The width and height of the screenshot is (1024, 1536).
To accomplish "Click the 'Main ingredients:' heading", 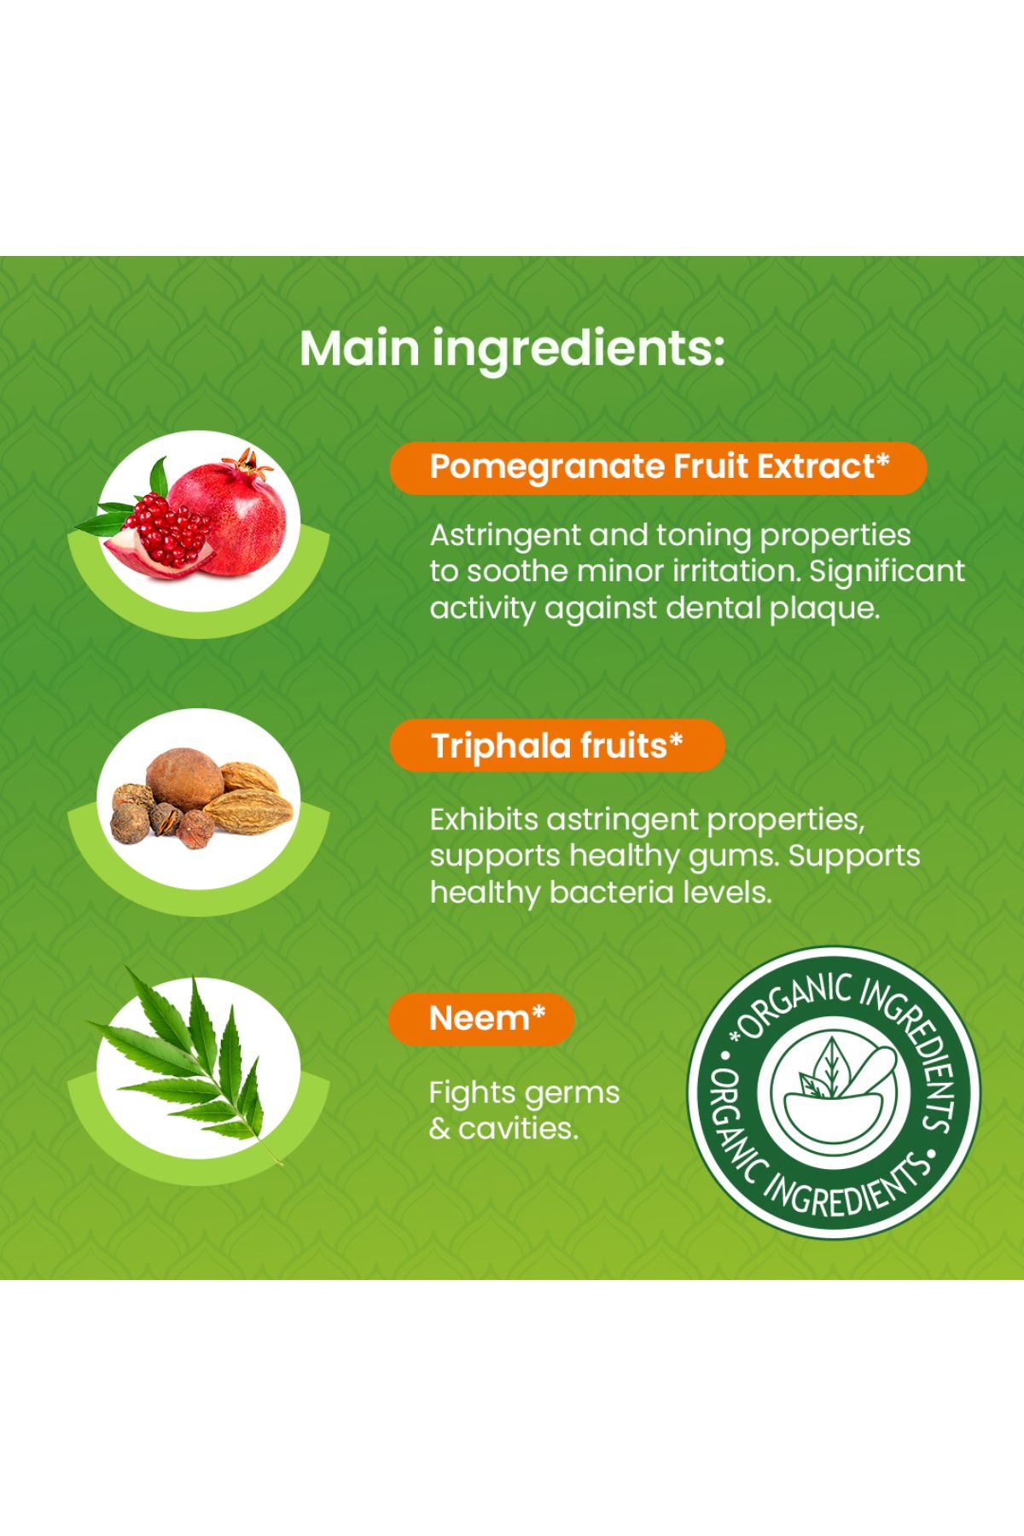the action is click(512, 348).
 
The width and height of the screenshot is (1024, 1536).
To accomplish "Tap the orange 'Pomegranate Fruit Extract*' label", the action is click(658, 468).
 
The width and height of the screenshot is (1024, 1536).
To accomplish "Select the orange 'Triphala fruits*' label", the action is click(557, 746).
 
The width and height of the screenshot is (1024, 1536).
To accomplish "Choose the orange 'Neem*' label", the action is click(481, 1018).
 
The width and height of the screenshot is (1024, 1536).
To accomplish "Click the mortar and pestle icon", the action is click(835, 1093).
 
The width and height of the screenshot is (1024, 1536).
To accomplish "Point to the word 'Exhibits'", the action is click(483, 820).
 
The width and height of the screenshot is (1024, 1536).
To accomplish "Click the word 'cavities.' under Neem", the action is click(518, 1130).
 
